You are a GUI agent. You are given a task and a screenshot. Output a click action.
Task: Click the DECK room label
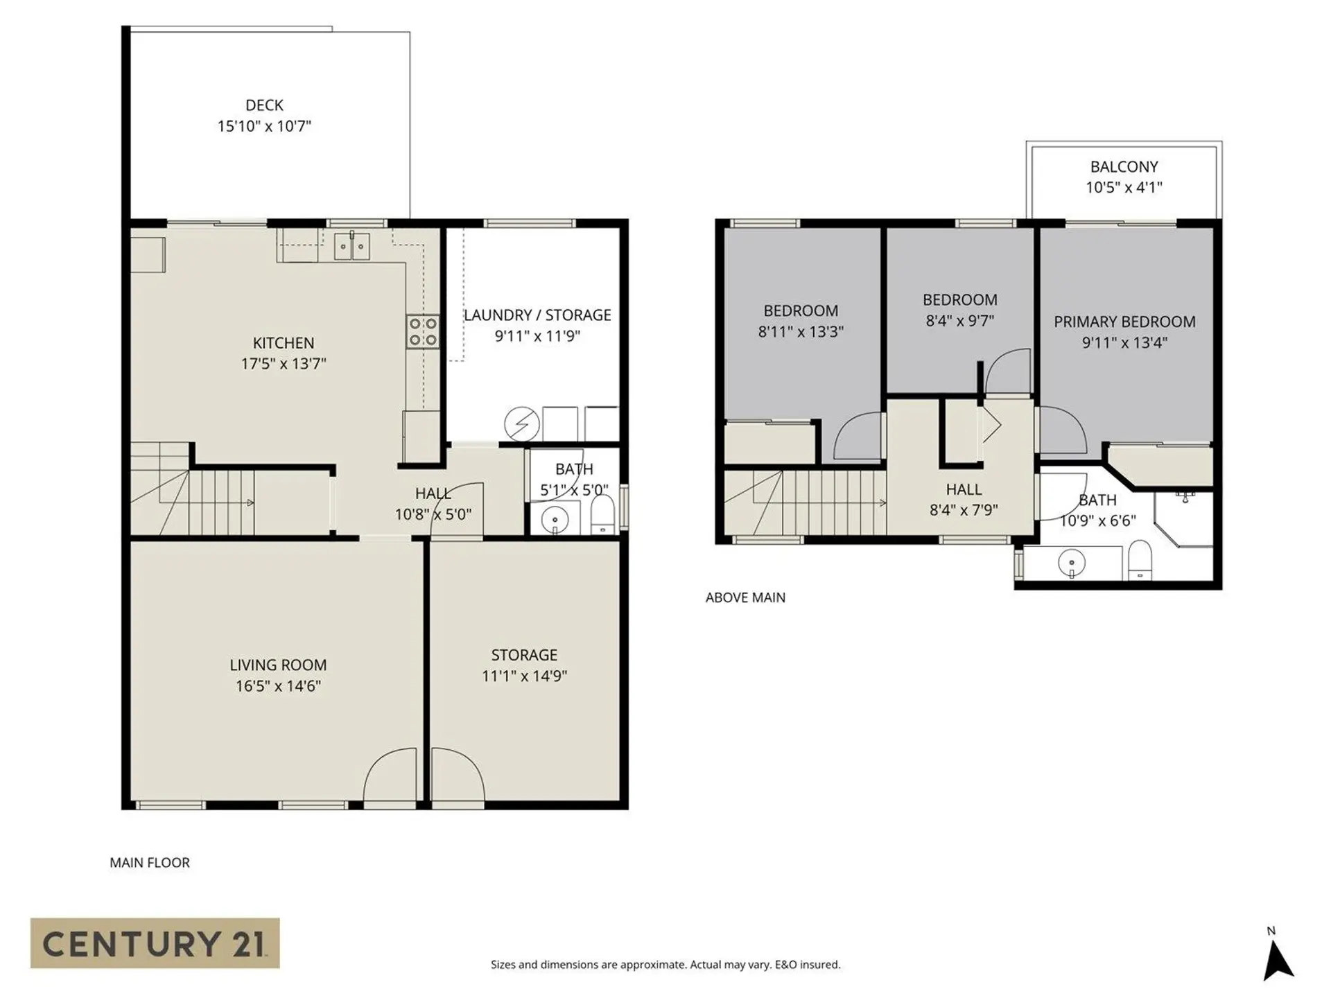pos(264,105)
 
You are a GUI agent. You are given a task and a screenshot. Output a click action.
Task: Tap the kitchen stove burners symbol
pos(422,331)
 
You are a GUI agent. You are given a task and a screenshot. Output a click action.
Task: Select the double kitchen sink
pos(352,246)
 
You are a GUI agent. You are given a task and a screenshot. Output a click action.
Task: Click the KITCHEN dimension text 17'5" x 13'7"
pos(284,363)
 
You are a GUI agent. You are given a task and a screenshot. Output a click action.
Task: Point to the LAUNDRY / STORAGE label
pos(537,315)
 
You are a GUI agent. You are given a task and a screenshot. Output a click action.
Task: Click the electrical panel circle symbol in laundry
pos(521,423)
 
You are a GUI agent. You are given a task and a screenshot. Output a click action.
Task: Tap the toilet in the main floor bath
pos(602,514)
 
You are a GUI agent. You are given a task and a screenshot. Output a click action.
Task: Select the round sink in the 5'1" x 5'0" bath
pos(555,519)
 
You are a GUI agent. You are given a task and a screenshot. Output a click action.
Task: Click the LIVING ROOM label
pos(278,665)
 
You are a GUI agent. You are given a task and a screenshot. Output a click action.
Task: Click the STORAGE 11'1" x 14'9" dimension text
pos(524,676)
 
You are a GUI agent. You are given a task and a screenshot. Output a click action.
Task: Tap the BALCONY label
pos(1124,167)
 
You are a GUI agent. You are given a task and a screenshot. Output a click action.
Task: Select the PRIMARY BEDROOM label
pos(1124,322)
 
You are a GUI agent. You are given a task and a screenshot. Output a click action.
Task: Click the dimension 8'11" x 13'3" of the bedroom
pos(801,331)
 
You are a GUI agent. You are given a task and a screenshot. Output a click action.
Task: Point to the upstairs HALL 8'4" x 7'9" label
pos(964,489)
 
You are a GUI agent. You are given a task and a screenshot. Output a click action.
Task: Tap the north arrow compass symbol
pos(1277,961)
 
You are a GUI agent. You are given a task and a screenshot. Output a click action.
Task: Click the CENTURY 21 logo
pos(155,943)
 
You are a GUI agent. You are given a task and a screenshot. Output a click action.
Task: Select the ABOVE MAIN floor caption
pos(745,597)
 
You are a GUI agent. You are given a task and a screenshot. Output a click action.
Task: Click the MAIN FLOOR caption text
pos(150,863)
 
